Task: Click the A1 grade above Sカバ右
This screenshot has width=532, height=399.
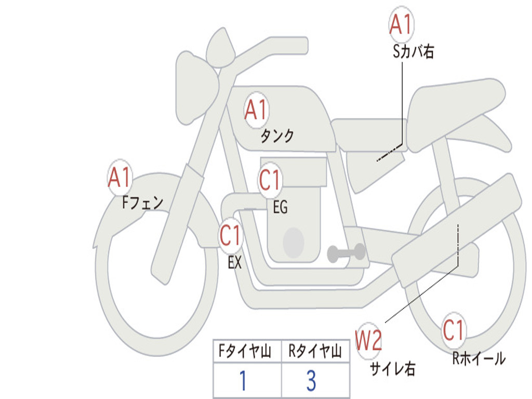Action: tap(401, 24)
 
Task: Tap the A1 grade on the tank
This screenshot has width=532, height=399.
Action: tap(256, 110)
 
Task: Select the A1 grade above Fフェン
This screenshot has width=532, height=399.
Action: tap(119, 178)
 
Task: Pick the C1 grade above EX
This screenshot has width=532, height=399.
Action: tap(231, 236)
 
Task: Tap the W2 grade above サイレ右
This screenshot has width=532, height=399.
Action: tap(368, 341)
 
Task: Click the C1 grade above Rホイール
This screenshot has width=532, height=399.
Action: tap(454, 331)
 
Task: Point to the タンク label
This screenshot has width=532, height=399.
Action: tap(277, 136)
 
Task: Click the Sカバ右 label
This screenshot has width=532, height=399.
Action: tap(414, 51)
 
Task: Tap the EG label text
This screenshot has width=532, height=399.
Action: tap(280, 208)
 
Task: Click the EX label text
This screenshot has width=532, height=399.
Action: tap(235, 263)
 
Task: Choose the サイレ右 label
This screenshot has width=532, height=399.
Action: tap(392, 368)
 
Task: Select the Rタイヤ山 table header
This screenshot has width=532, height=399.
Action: tap(315, 352)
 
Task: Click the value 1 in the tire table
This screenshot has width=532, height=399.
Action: tap(242, 381)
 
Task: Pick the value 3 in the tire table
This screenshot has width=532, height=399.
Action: tap(311, 381)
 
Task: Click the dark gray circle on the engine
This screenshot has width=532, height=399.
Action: tap(293, 242)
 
